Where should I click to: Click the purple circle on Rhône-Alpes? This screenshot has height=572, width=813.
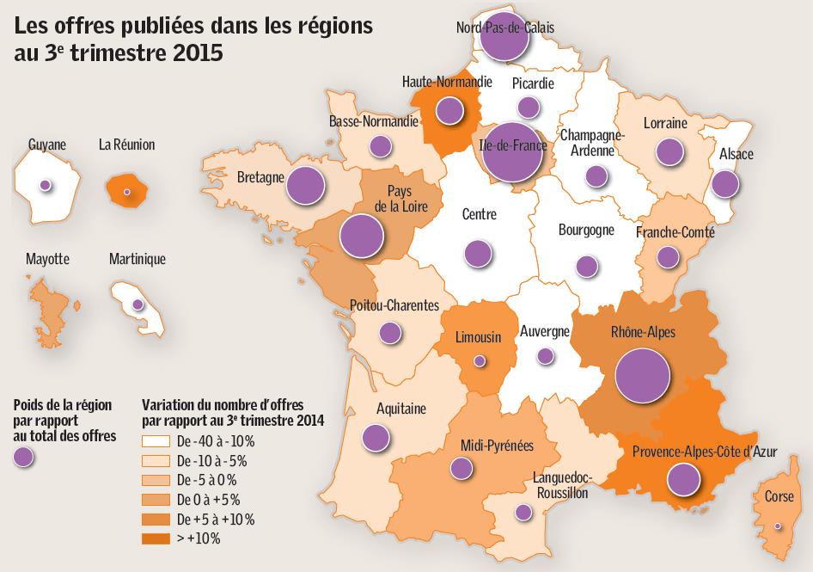coord(643,377)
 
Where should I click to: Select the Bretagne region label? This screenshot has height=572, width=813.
coord(260,178)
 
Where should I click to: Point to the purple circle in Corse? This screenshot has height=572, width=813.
coord(779,526)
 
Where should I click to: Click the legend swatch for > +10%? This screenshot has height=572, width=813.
coord(156,539)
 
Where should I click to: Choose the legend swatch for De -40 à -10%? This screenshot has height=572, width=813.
coord(156,440)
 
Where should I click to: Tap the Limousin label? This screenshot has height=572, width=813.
coord(478,337)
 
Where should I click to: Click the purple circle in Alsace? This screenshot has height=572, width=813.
coord(726,183)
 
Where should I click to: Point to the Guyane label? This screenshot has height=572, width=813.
coord(46,145)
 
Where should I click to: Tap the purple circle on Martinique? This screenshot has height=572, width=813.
coord(137,305)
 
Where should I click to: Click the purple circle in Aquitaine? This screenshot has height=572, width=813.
coord(375,438)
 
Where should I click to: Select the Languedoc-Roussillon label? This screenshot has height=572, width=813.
coord(560,485)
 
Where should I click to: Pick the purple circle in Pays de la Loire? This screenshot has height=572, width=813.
coord(362,236)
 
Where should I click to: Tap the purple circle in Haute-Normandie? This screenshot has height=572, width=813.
coord(448,110)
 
